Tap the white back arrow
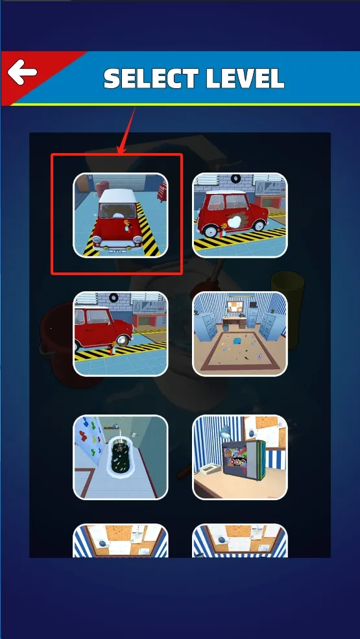[x=23, y=72]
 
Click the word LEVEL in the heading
[x=245, y=78]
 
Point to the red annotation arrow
[x=126, y=131]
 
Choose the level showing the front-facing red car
[x=120, y=215]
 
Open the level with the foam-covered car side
[x=240, y=215]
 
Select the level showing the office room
[x=240, y=333]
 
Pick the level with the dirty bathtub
[x=120, y=457]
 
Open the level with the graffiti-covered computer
[x=240, y=457]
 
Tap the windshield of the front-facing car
[x=117, y=211]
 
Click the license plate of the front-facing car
[x=117, y=250]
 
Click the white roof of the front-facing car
[x=117, y=196]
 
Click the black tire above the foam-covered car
[x=235, y=178]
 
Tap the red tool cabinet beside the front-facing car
[x=162, y=191]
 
